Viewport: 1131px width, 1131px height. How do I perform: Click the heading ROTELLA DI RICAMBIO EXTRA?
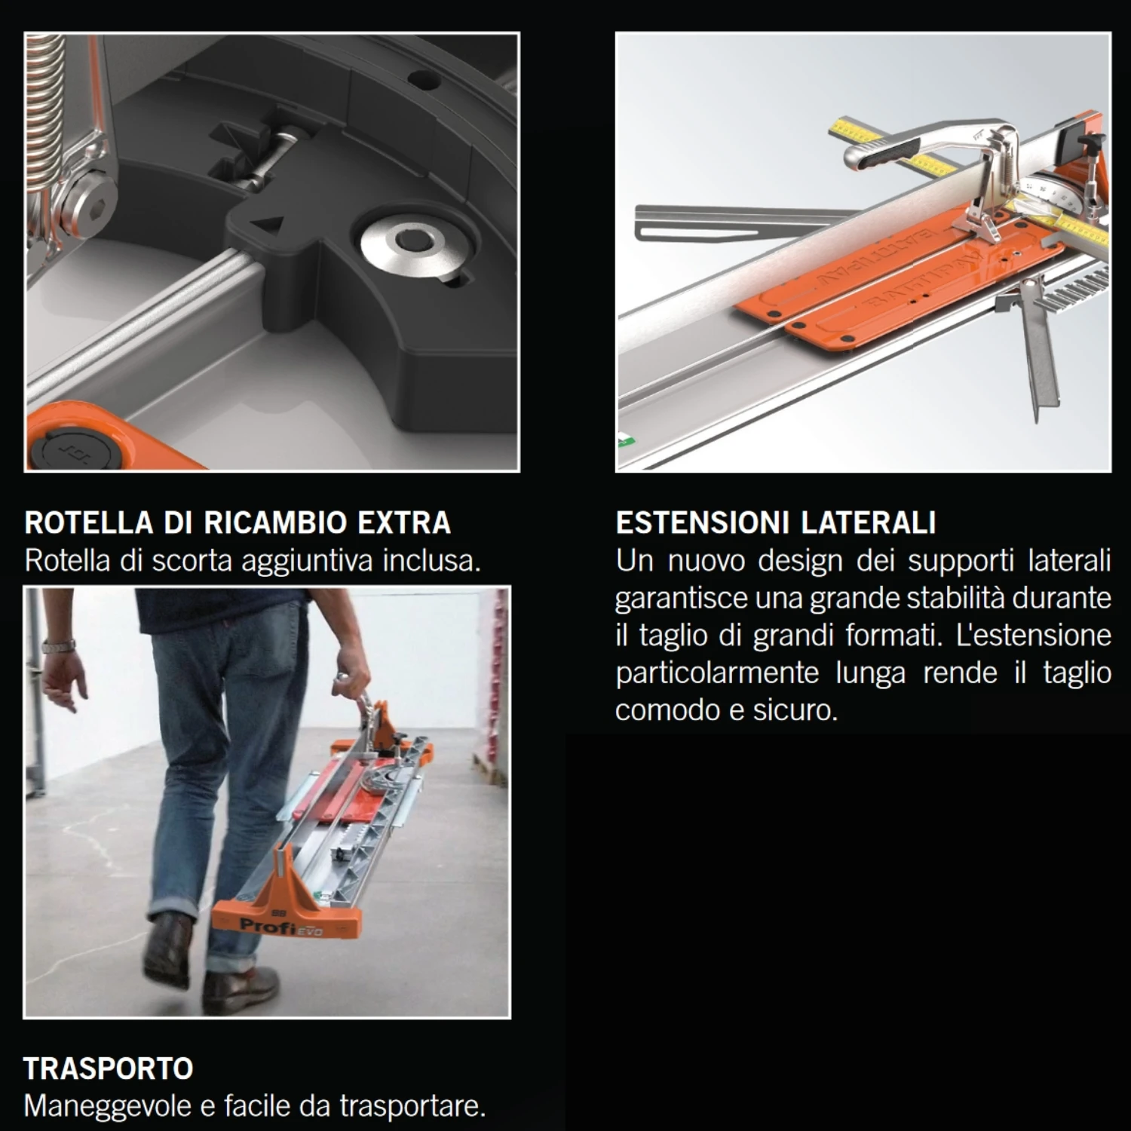(238, 523)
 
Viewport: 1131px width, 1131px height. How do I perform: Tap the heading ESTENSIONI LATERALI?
(775, 523)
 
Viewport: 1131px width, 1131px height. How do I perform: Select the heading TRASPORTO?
(108, 1068)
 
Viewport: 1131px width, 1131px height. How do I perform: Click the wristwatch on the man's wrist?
(59, 646)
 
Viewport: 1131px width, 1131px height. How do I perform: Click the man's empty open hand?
(64, 682)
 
